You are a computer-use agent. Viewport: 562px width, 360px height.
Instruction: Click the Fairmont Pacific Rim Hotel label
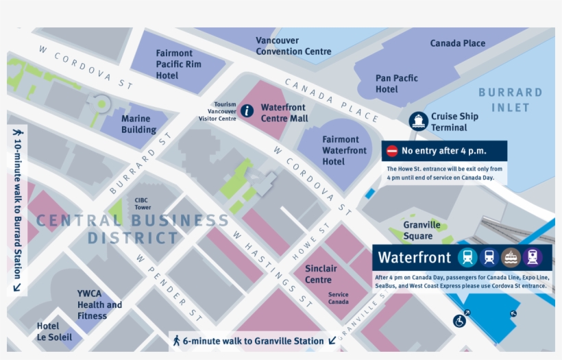point(178,64)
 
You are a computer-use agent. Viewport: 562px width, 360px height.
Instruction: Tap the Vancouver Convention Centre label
point(293,46)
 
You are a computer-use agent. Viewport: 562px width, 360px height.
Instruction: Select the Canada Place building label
point(457,43)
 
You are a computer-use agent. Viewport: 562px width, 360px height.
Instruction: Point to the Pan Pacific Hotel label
point(396,84)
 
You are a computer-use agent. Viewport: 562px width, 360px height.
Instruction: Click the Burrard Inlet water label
point(510,99)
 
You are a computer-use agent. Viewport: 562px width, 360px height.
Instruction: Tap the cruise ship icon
point(418,121)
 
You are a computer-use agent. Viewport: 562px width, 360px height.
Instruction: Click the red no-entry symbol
point(392,151)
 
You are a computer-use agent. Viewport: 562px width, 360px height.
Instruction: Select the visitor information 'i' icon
point(247,110)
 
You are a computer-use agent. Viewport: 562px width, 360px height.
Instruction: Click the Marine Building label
point(138,124)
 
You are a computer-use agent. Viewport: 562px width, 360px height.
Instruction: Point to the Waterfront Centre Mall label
point(284,113)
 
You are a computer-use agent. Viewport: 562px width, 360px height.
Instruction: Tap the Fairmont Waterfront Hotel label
point(344,150)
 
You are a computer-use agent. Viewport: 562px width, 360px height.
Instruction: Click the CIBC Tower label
point(142,204)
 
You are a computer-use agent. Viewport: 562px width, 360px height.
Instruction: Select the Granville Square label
point(422,230)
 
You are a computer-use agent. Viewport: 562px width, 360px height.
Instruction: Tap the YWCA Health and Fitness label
point(99,304)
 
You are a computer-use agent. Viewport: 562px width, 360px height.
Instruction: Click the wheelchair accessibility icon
point(459,320)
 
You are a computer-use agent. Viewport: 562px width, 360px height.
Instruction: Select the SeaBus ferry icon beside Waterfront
point(511,257)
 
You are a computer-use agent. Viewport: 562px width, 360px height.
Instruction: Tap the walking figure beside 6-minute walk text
point(176,340)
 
